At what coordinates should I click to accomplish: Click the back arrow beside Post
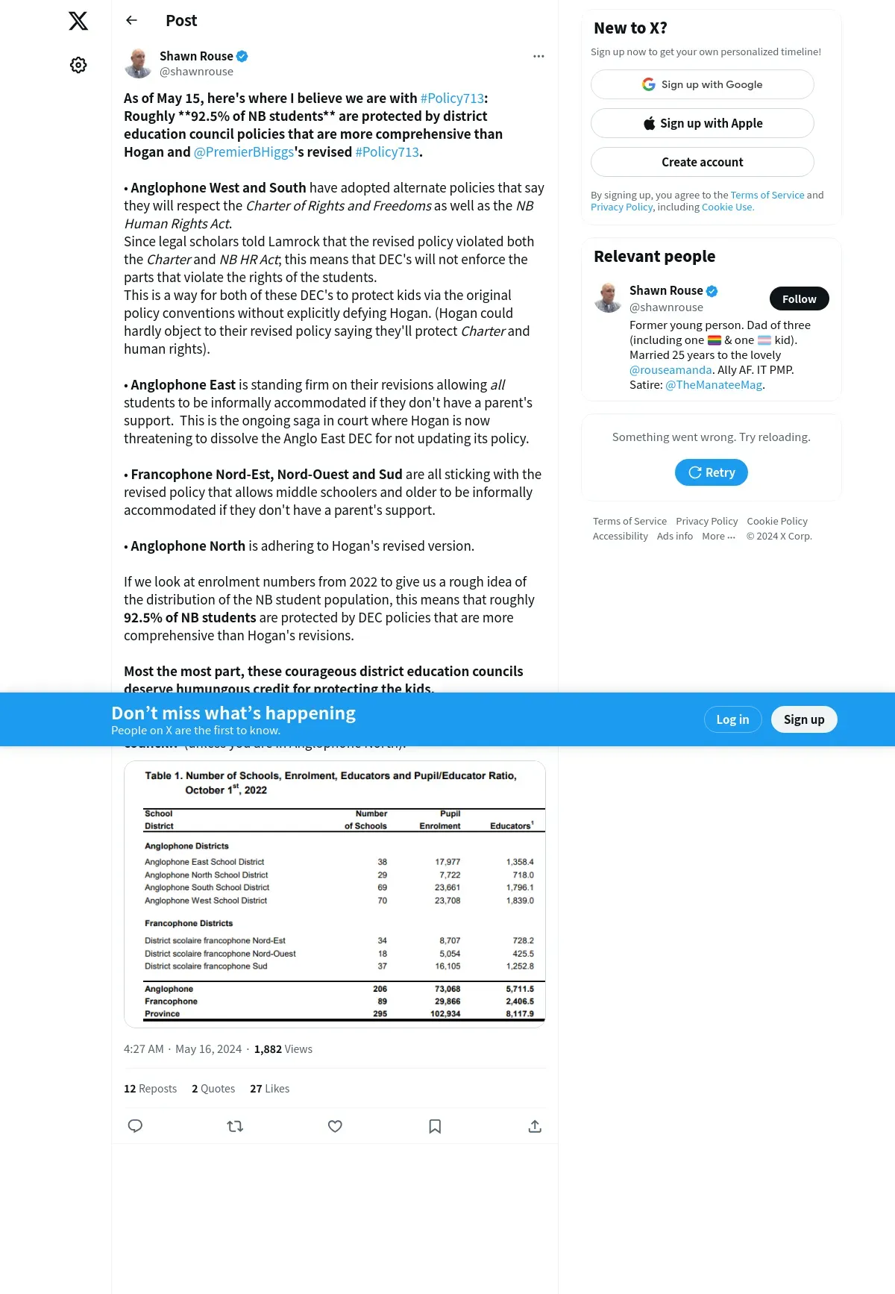pos(132,20)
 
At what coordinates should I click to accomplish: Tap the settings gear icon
pos(78,65)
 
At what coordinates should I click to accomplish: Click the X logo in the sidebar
pos(78,21)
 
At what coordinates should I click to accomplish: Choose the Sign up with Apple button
pos(702,123)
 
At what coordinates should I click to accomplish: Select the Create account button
pos(702,162)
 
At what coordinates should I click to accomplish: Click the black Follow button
pos(799,299)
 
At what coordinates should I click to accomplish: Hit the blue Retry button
pos(711,472)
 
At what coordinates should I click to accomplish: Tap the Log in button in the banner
pos(732,719)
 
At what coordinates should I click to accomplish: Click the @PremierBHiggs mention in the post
pos(244,152)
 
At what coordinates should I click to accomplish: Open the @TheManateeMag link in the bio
pos(714,385)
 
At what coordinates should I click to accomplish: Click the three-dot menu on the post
pos(538,57)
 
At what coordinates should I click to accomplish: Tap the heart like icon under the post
pos(335,1126)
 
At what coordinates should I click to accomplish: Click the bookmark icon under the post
pos(435,1126)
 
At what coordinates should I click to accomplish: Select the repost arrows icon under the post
pos(235,1126)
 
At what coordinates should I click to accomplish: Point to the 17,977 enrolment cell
pos(447,862)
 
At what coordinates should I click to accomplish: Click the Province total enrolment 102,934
pos(445,1014)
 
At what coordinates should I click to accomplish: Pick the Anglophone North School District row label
pos(206,875)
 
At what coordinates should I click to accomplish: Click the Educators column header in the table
pos(511,826)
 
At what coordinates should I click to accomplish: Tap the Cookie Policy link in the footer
pos(776,522)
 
